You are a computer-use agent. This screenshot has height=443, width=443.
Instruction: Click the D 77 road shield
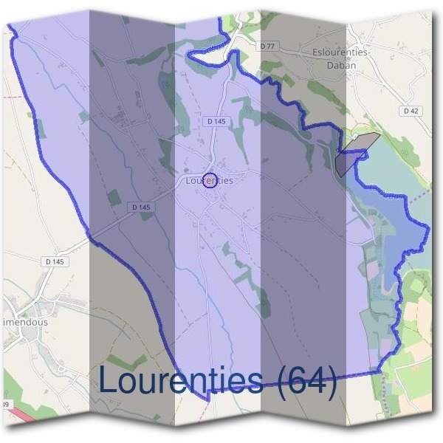[267, 47]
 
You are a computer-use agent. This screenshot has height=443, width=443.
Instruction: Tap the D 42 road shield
[411, 111]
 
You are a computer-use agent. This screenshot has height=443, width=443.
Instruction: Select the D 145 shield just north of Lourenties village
[216, 120]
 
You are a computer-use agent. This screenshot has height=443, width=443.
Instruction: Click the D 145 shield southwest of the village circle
[140, 207]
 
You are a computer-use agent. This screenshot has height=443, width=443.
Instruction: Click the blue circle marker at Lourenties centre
[209, 180]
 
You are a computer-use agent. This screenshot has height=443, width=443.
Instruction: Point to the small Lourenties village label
[210, 180]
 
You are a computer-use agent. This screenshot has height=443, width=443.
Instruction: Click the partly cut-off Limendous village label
[24, 323]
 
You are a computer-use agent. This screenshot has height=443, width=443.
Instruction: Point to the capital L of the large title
[109, 380]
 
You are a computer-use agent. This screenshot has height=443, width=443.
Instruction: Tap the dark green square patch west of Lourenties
[114, 198]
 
